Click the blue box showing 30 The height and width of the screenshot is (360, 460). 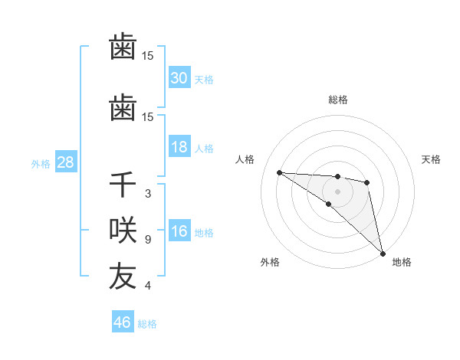179,78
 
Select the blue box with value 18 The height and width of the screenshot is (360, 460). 179,147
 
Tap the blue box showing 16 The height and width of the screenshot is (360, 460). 179,231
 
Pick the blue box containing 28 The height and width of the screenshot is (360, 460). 65,162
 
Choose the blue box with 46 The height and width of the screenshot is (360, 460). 123,322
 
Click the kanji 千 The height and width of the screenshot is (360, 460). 123,186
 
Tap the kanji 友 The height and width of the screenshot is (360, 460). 123,277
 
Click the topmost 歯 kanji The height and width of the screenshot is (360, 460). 123,47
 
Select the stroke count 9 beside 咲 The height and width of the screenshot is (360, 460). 147,240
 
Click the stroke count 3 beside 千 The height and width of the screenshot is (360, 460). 147,194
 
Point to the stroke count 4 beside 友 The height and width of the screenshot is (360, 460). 147,286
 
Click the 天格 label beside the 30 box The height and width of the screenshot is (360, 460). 204,79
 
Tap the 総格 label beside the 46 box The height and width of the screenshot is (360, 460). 147,324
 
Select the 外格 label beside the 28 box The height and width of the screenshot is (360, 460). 41,163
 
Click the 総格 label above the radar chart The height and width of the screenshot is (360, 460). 337,100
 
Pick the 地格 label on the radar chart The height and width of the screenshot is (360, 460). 402,263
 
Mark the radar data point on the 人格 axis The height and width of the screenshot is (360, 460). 279,172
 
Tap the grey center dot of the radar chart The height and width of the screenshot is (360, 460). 337,191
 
